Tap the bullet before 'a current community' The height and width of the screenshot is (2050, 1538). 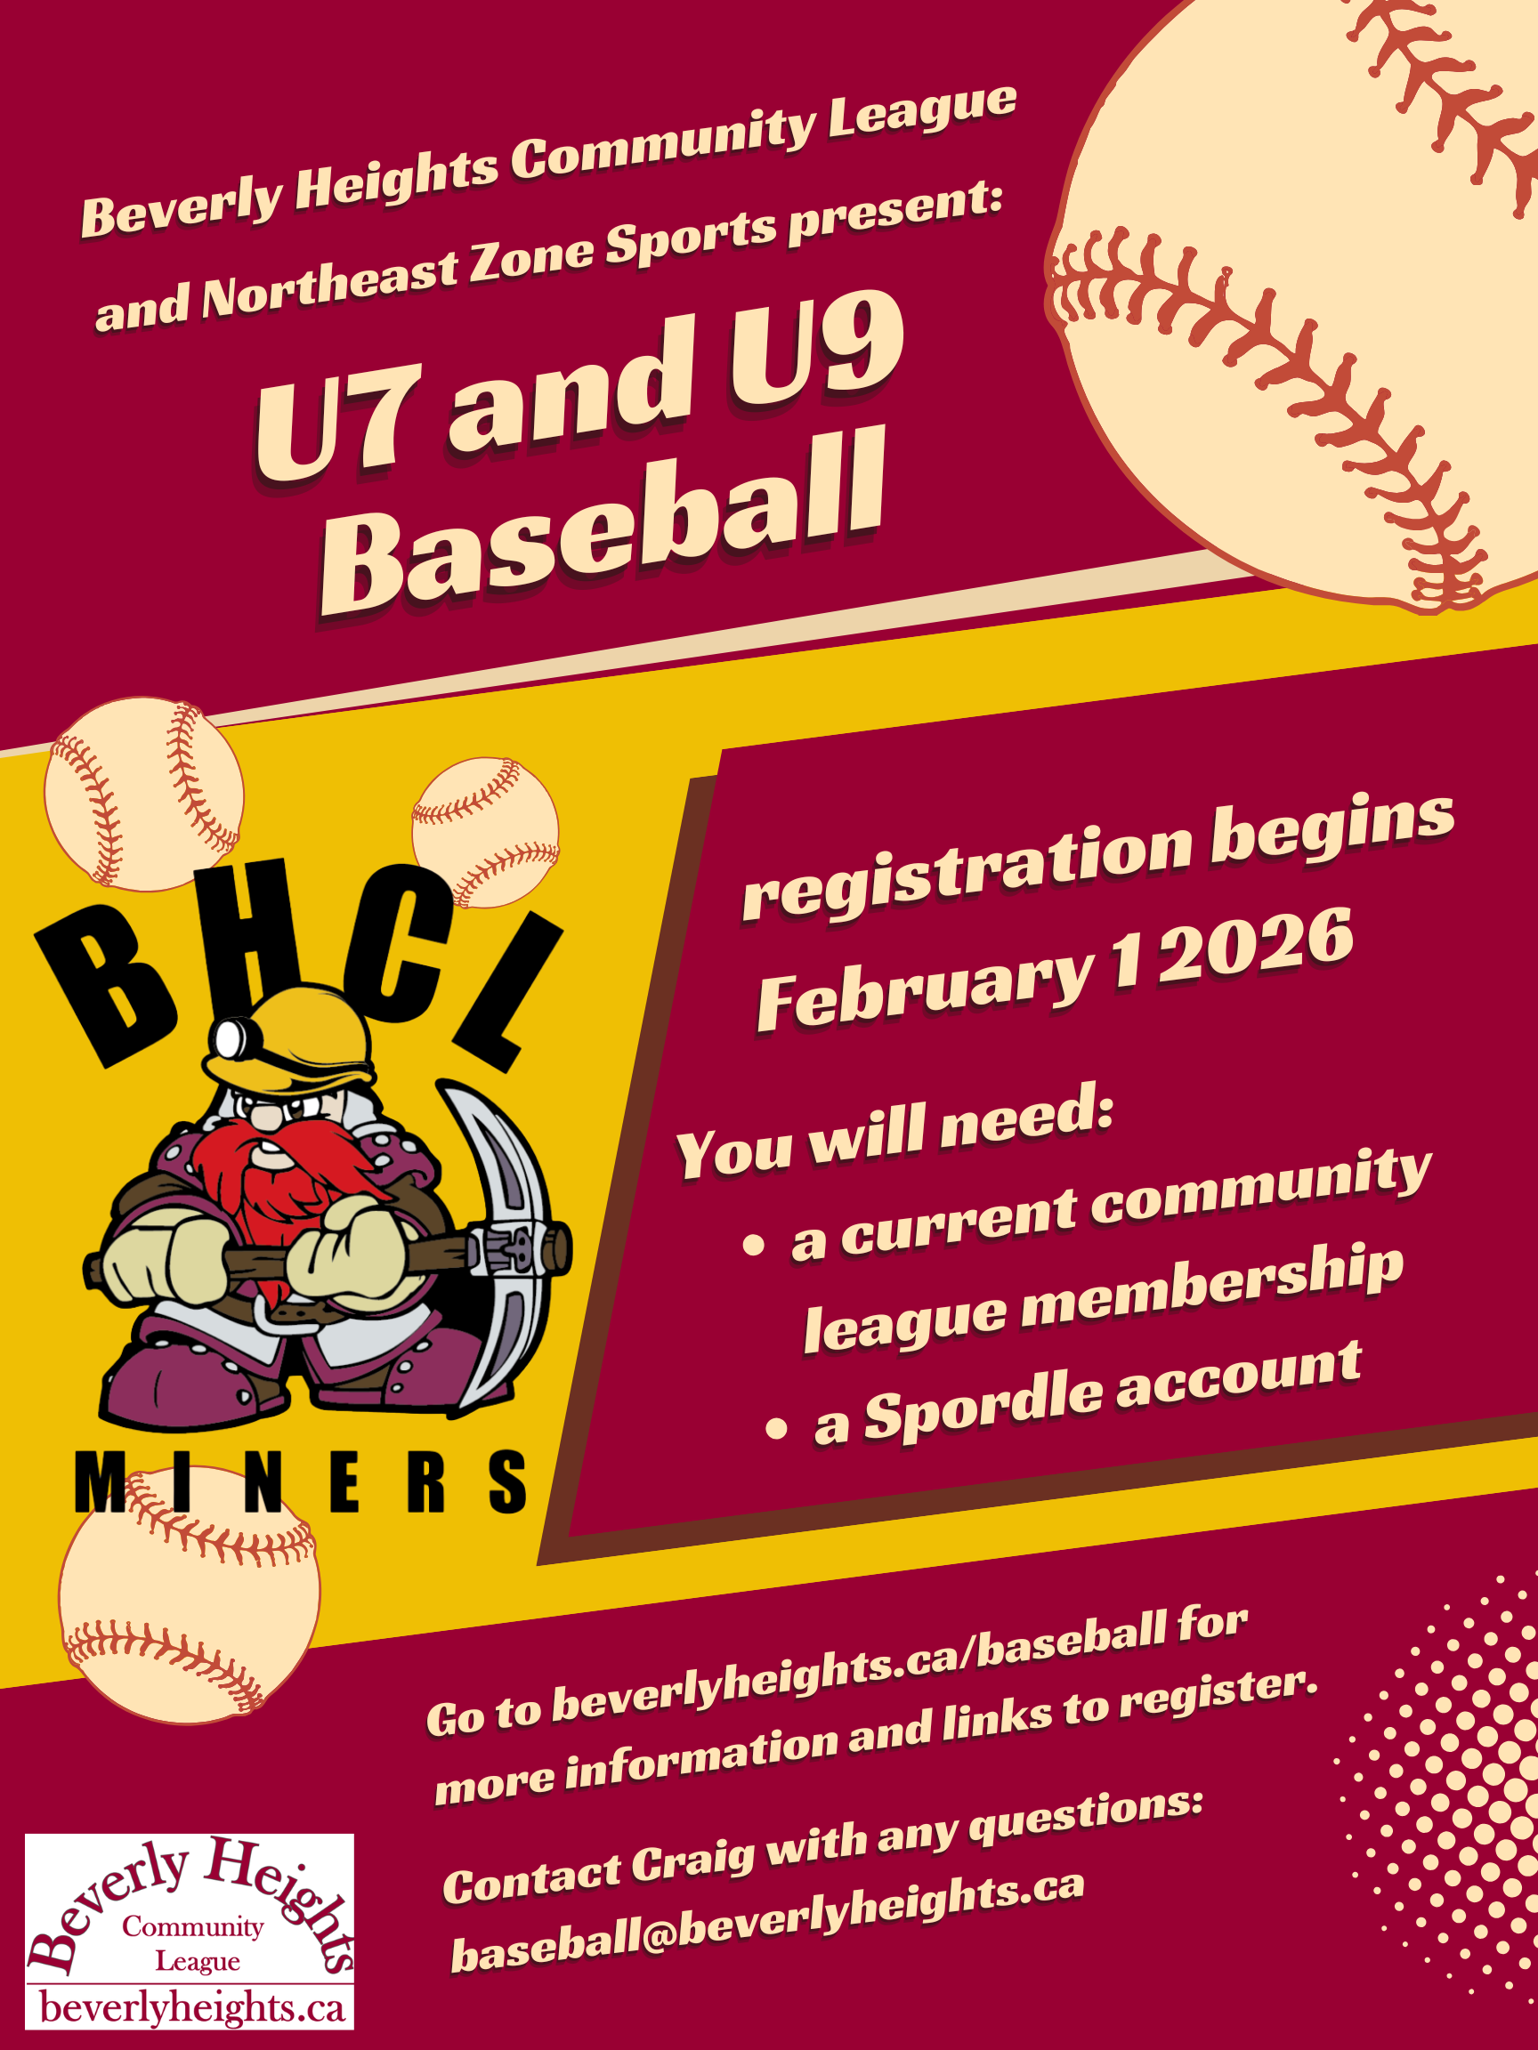click(753, 1245)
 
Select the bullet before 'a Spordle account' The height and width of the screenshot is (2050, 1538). click(776, 1428)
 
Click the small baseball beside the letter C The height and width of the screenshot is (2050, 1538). click(485, 831)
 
